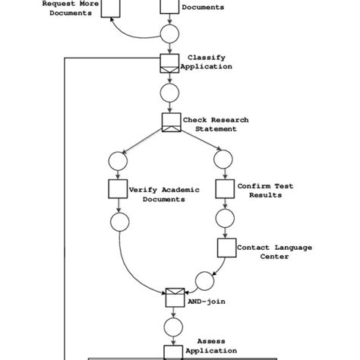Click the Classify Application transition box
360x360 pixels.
click(169, 63)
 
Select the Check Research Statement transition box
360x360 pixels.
click(170, 122)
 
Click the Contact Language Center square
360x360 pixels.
click(226, 248)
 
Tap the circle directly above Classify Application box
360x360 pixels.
click(169, 33)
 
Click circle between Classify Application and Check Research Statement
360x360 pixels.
click(169, 93)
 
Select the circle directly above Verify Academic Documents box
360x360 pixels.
click(118, 159)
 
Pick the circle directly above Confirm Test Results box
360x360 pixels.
click(223, 159)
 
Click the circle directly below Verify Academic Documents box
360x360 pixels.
click(118, 221)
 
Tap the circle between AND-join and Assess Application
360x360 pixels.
click(174, 327)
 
